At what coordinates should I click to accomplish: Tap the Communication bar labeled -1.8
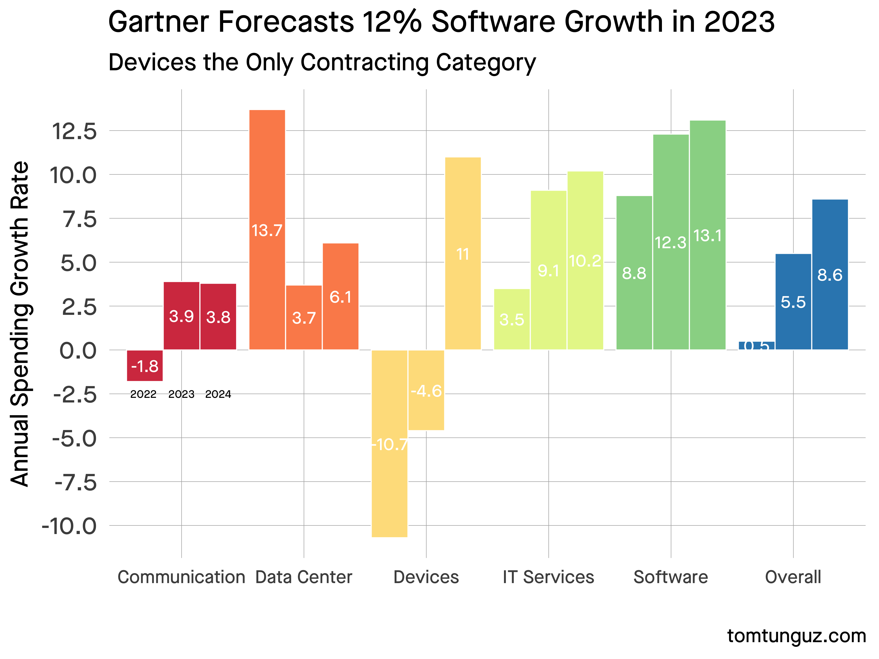click(x=145, y=365)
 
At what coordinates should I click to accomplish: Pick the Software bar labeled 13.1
click(x=707, y=235)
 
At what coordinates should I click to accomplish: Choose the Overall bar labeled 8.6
click(x=830, y=275)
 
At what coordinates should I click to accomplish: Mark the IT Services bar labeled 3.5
click(x=512, y=319)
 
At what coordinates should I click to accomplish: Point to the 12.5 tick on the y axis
click(x=74, y=131)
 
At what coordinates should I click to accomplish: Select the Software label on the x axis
click(x=671, y=577)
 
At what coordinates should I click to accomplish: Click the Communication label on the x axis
click(x=181, y=577)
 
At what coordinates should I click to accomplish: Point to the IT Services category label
click(x=548, y=577)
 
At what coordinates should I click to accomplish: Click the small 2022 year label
click(x=144, y=394)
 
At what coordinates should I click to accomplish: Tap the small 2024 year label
click(x=218, y=394)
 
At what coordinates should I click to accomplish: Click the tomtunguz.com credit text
click(x=796, y=636)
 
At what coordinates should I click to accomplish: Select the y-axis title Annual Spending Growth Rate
click(x=20, y=324)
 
